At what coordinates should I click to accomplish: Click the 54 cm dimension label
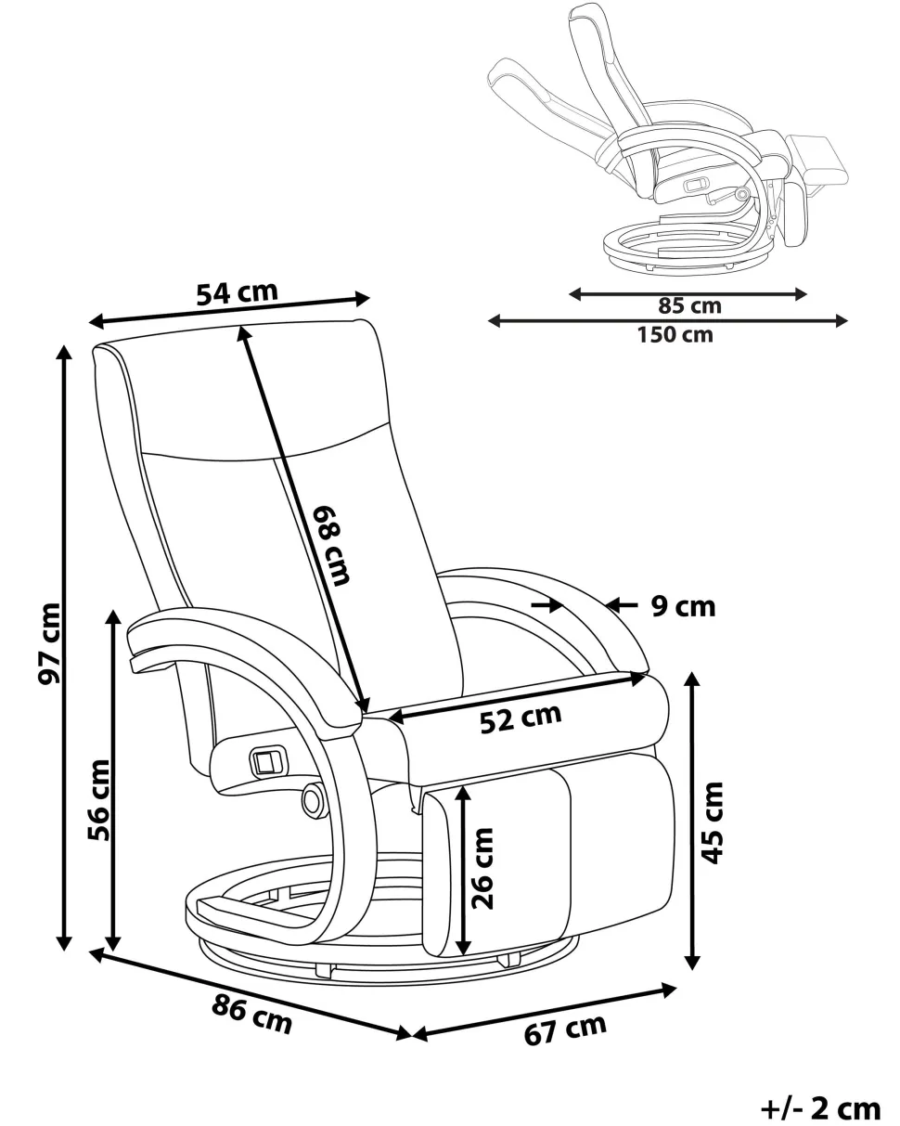point(237,293)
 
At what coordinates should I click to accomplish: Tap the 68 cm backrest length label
point(331,545)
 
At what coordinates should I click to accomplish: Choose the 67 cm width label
point(565,1029)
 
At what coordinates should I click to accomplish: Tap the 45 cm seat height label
point(712,822)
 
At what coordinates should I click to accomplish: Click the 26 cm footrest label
point(483,867)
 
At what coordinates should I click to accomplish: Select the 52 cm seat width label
point(521,718)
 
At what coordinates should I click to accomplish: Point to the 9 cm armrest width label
point(683,607)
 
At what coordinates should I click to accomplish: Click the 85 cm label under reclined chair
point(689,305)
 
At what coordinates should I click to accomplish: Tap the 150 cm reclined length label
point(675,334)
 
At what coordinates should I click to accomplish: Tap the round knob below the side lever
point(313,796)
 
